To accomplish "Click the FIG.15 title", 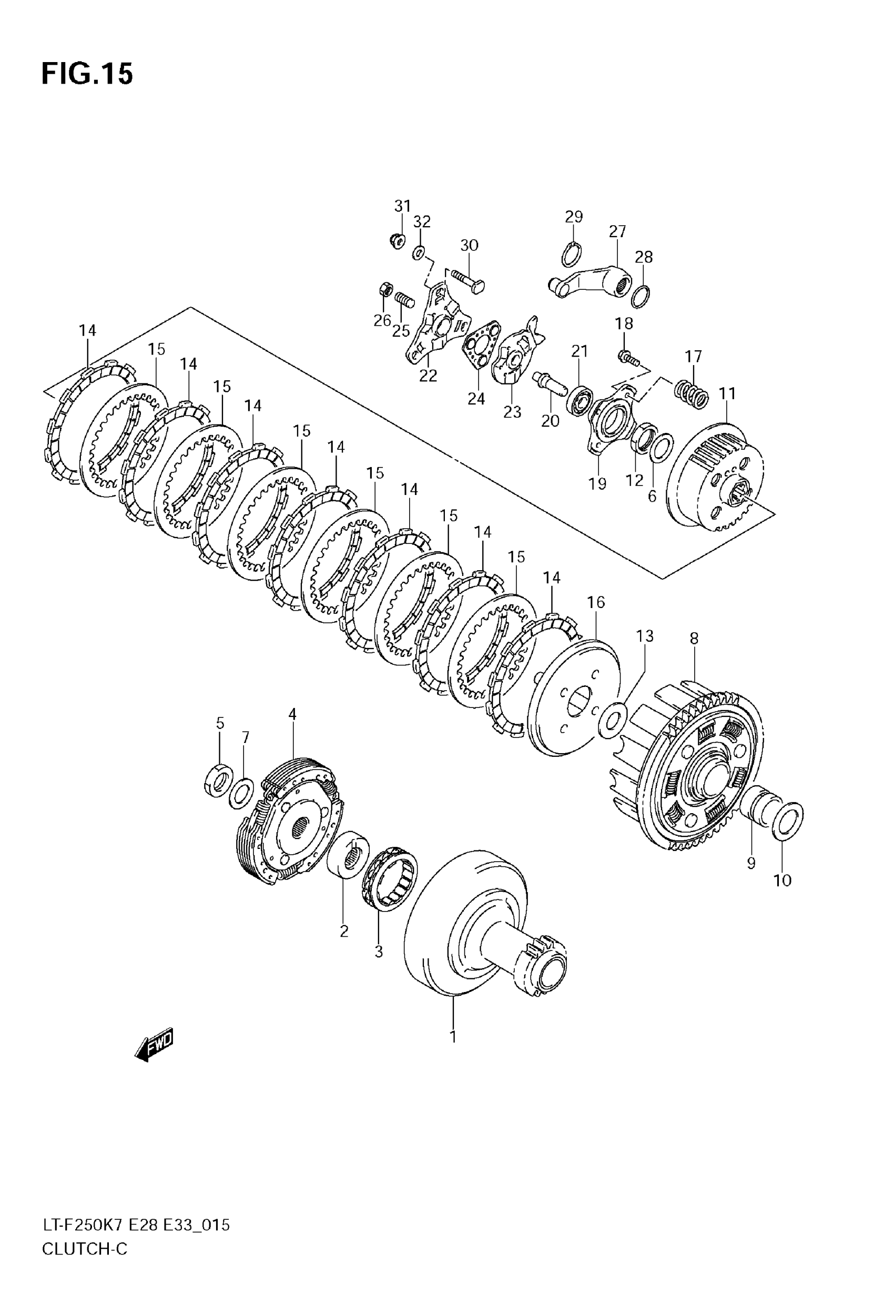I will tap(87, 75).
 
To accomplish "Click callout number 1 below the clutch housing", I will tap(453, 1036).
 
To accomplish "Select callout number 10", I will tap(783, 881).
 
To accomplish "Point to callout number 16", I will tap(596, 602).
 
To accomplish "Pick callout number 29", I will tap(574, 216).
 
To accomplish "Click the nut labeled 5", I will tap(219, 780).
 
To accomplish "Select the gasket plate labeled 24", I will tap(480, 346).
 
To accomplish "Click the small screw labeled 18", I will tap(627, 357).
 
